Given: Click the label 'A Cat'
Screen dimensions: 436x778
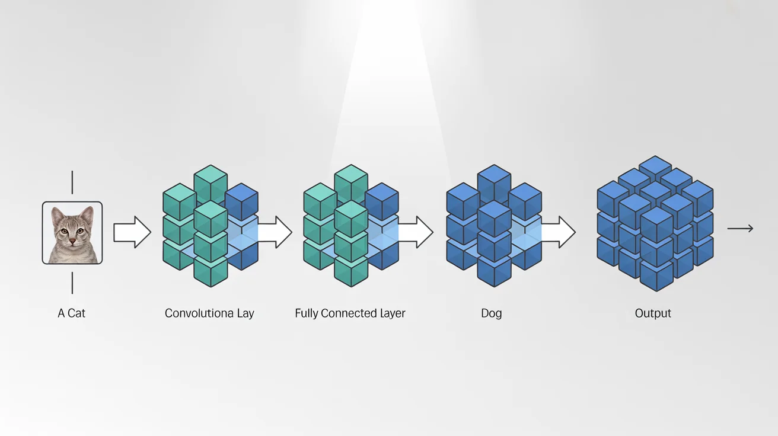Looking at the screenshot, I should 71,313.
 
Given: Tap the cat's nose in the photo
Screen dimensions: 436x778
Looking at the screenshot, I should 72,241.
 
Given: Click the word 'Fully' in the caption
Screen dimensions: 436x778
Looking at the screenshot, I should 306,313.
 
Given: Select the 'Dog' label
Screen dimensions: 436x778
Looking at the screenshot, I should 491,313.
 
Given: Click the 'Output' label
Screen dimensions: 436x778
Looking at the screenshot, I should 653,313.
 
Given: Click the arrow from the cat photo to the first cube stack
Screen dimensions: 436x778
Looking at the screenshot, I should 132,232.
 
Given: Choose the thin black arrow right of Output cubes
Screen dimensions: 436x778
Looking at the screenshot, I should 741,228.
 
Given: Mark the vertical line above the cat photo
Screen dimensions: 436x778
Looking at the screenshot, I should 72,182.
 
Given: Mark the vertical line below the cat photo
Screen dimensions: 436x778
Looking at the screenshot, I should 72,283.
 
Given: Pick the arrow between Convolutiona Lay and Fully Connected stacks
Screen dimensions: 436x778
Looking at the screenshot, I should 275,232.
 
